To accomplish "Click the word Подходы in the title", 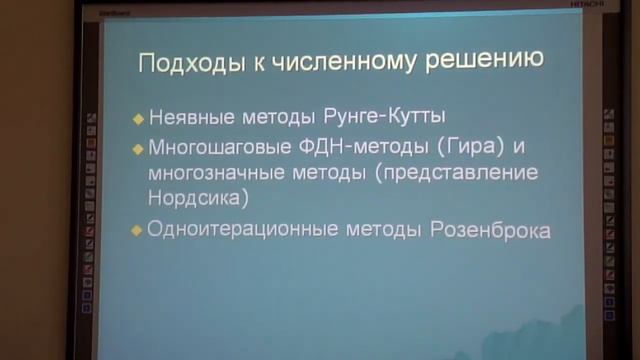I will [181, 65].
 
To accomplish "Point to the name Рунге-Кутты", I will [381, 116].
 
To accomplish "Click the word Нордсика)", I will [197, 197].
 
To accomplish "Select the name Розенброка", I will [491, 229].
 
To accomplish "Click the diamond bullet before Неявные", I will [138, 117].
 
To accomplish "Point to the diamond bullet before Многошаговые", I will [138, 148].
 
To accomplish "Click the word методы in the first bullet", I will [284, 116].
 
